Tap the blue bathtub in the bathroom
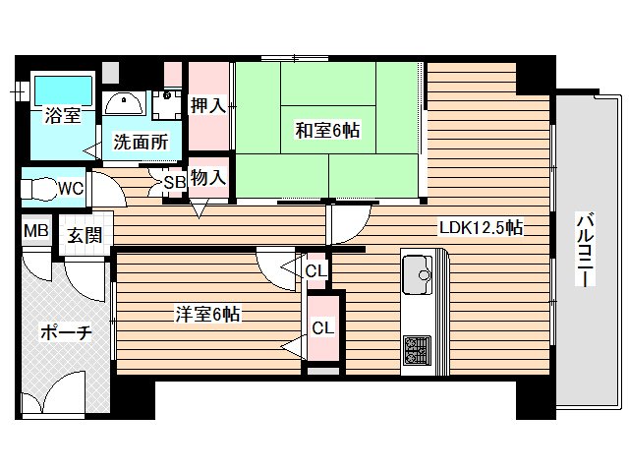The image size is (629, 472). coord(63,90)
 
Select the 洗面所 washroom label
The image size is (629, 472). coord(139,141)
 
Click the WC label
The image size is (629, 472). coord(70,187)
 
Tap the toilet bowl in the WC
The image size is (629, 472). coord(39,187)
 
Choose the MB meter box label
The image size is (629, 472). coord(36,232)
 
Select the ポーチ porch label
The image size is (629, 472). coord(66,333)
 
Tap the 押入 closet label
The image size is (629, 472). coord(208,105)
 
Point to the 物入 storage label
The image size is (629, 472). coord(208,178)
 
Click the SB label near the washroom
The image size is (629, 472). coord(175,182)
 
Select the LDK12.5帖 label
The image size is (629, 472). coord(480,228)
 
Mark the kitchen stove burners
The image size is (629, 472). coord(417,349)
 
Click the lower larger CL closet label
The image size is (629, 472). coord(322,327)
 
